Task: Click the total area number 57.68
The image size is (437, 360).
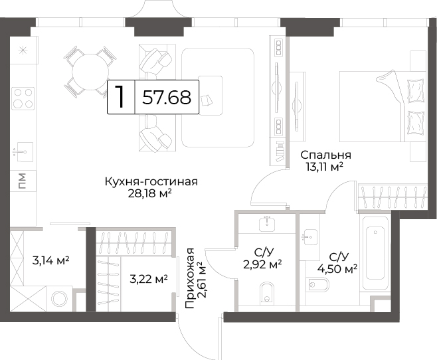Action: click(167, 97)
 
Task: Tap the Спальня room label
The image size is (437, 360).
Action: click(326, 155)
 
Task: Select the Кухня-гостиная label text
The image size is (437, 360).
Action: click(151, 182)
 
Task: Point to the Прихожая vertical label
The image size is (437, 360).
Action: click(190, 278)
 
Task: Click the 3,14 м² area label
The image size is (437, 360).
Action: click(50, 261)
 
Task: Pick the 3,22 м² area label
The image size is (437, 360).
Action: click(149, 279)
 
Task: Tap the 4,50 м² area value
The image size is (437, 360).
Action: click(337, 269)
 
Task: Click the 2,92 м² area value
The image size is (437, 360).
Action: click(262, 264)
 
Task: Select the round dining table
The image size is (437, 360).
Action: click(90, 72)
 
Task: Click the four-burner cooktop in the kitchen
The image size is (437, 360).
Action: click(23, 98)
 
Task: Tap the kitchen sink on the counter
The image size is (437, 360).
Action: click(25, 152)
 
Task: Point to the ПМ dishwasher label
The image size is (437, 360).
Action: click(23, 181)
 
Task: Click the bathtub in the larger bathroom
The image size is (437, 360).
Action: click(375, 253)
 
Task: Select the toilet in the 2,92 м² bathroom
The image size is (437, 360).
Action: click(267, 294)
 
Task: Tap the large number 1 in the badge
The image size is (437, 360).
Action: click(120, 96)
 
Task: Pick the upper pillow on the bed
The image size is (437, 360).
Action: click(416, 91)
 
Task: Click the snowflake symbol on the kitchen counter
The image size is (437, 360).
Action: click(22, 50)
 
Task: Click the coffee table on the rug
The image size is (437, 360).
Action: click(211, 95)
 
